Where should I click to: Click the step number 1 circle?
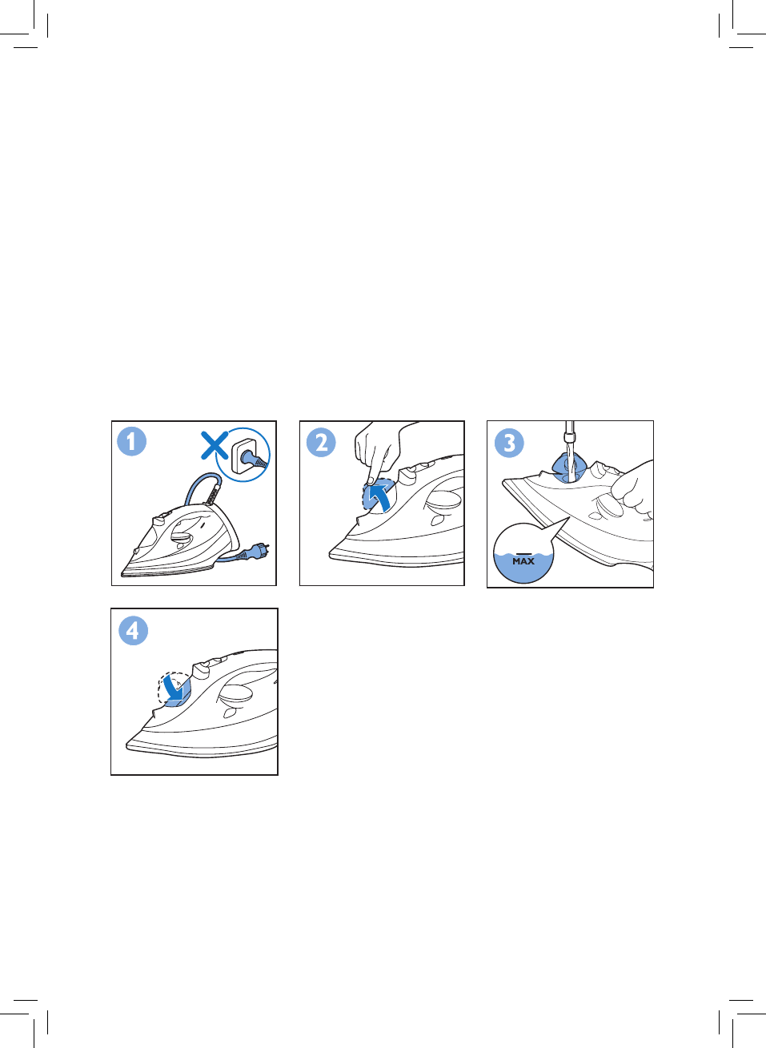131,441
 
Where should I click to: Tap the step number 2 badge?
321,442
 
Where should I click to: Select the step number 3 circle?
509,443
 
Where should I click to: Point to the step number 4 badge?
134,630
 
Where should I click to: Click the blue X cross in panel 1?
215,445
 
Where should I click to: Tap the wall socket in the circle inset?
246,455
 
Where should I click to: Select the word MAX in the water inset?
523,561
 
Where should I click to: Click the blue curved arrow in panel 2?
379,496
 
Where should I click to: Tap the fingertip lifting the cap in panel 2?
370,480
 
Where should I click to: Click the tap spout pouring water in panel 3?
570,433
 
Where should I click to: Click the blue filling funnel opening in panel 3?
569,468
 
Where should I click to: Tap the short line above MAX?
523,553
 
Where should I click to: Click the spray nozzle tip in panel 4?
154,712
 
